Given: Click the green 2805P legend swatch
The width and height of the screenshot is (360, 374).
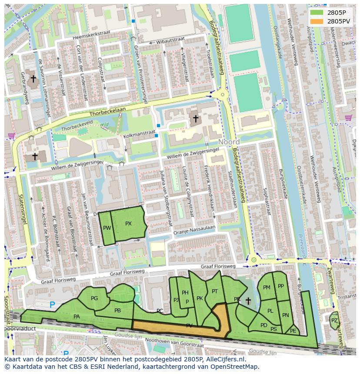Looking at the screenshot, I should coord(317,13).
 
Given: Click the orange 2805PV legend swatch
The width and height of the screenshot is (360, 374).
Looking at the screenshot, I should coord(317,21).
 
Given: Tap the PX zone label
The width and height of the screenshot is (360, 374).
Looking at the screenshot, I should coord(128,224).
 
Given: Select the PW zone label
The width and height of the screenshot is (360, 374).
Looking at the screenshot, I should coord(107,228).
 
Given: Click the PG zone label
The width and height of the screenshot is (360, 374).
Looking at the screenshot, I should coord(94,298).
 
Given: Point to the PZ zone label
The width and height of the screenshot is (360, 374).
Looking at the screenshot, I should coord(334,321).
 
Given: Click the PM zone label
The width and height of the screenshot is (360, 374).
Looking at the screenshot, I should coord(267,287).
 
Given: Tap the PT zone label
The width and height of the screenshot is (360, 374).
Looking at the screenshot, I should coord(214,291).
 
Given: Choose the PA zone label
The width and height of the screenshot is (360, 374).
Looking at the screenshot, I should coord(77,317).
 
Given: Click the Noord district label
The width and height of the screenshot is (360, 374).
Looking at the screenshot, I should coord(229,142).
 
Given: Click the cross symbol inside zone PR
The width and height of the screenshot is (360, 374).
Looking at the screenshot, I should coord(248,301).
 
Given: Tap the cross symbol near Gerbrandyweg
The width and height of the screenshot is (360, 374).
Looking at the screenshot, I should coord(33,79).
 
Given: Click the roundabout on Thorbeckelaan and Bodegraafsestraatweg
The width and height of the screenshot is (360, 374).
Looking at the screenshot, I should coord(223,94).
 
